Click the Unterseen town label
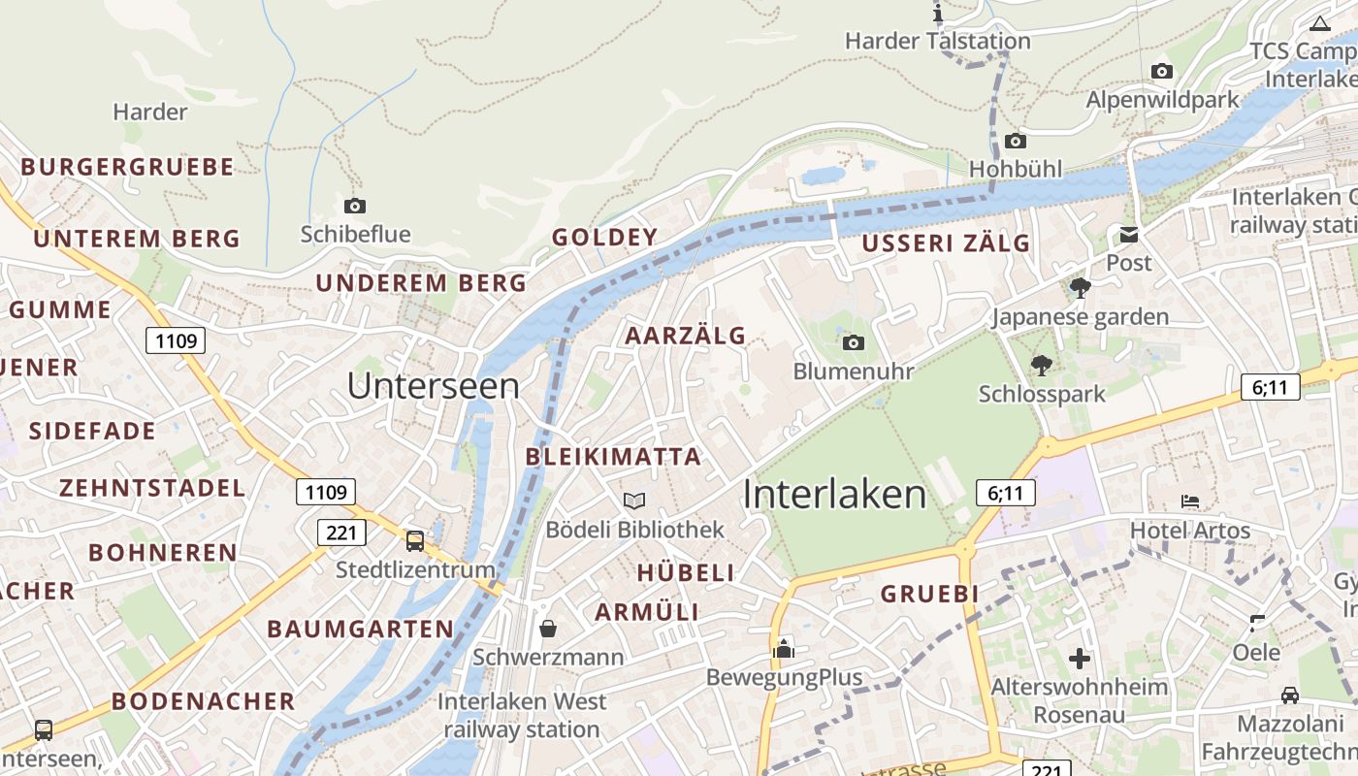coord(433,386)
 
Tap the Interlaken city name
coord(835,495)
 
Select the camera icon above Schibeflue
coord(355,206)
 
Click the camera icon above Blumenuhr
coord(854,342)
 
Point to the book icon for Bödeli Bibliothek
coord(634,501)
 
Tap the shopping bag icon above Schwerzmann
coord(548,629)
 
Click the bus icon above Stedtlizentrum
coord(415,540)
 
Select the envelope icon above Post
coord(1129,235)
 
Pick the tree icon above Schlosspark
coord(1042,366)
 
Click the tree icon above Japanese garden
coord(1080,288)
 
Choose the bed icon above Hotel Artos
coord(1190,501)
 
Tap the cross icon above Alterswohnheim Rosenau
coord(1080,659)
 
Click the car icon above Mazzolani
coord(1290,695)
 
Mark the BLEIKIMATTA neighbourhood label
coord(613,457)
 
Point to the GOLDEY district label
coord(605,238)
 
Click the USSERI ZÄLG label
coord(946,243)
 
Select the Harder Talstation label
coord(937,41)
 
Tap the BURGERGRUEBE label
coord(127,167)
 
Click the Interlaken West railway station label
coord(522,715)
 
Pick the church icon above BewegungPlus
coord(783,648)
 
